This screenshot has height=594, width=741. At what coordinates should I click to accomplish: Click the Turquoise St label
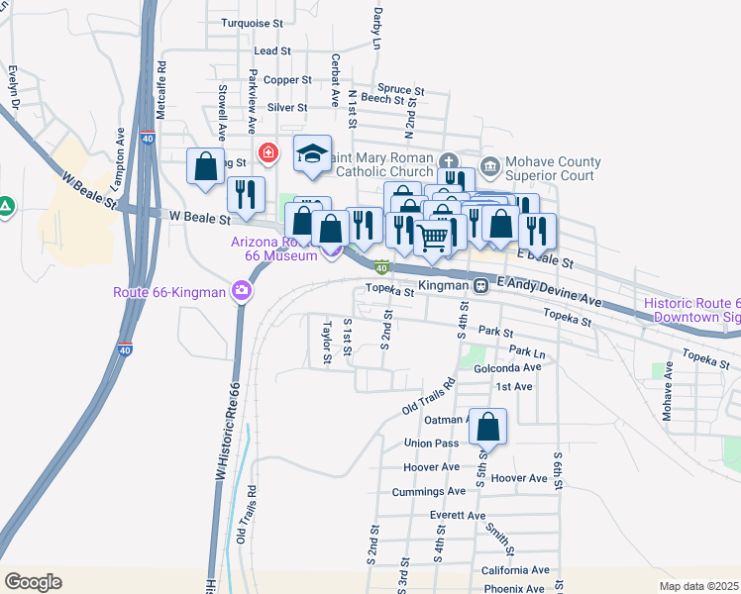(252, 22)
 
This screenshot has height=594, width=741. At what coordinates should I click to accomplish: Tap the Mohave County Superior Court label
(553, 168)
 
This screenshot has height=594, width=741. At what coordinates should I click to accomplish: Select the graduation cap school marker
(312, 154)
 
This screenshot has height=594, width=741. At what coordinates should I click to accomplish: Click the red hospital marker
(266, 152)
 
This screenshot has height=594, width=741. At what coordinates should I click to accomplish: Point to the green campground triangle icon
(6, 207)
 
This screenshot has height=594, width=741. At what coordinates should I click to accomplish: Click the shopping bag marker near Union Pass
(487, 428)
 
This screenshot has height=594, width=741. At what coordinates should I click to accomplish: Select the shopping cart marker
(432, 237)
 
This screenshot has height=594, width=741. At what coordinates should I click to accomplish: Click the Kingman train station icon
(479, 285)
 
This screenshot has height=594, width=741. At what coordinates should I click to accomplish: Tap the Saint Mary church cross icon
(448, 161)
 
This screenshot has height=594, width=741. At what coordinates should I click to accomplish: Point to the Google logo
(33, 581)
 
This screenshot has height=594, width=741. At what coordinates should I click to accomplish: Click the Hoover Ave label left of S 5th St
(431, 466)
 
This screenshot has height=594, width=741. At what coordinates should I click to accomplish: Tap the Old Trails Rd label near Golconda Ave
(428, 396)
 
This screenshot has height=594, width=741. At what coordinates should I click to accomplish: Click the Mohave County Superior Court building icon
(489, 164)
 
